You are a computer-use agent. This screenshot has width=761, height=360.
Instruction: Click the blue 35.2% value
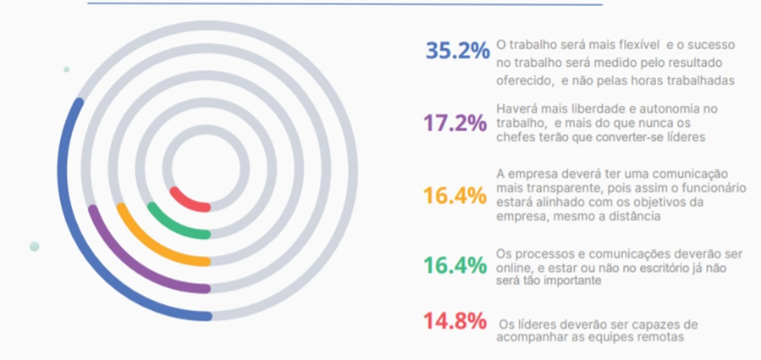coord(457,51)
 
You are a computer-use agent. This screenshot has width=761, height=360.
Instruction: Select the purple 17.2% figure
coord(457,123)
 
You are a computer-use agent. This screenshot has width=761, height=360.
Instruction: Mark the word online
coord(513,267)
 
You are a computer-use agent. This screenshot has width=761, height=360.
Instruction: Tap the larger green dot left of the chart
coord(34,246)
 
